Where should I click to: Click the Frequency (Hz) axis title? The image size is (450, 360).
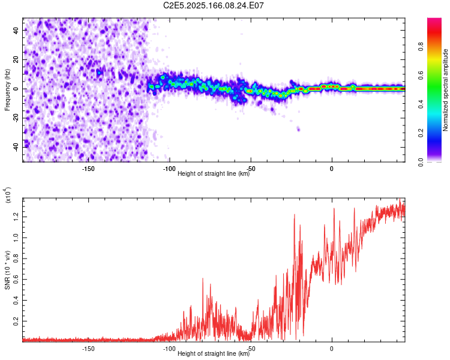click(7, 90)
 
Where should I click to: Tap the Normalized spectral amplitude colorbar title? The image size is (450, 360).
click(446, 90)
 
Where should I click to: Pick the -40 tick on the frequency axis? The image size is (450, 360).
click(16, 147)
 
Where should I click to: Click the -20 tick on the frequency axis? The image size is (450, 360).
click(16, 118)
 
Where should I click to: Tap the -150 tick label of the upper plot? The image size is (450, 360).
click(88, 168)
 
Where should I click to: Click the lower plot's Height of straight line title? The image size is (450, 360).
click(214, 354)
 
